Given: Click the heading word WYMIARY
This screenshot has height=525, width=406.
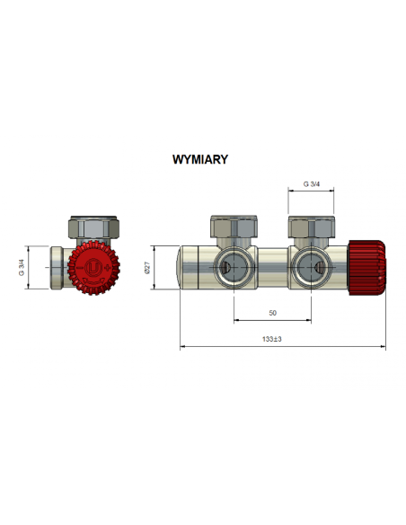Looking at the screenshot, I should [x=199, y=160].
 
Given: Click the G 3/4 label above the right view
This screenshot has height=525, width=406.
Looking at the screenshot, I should [x=312, y=183].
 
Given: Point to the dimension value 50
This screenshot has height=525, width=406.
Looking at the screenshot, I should [x=272, y=314].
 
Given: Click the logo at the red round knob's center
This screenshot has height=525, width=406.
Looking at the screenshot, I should [x=92, y=268].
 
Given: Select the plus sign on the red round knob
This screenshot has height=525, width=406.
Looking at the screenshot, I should [x=108, y=268].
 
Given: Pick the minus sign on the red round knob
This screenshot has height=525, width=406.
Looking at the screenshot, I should [x=75, y=268].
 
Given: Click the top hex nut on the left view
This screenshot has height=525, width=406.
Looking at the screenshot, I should [x=92, y=226].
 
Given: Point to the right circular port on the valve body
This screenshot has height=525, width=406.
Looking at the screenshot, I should [x=312, y=267].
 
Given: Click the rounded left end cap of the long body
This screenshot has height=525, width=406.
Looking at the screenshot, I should [x=190, y=267].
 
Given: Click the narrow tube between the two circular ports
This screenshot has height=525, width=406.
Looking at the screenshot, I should [x=272, y=266].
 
